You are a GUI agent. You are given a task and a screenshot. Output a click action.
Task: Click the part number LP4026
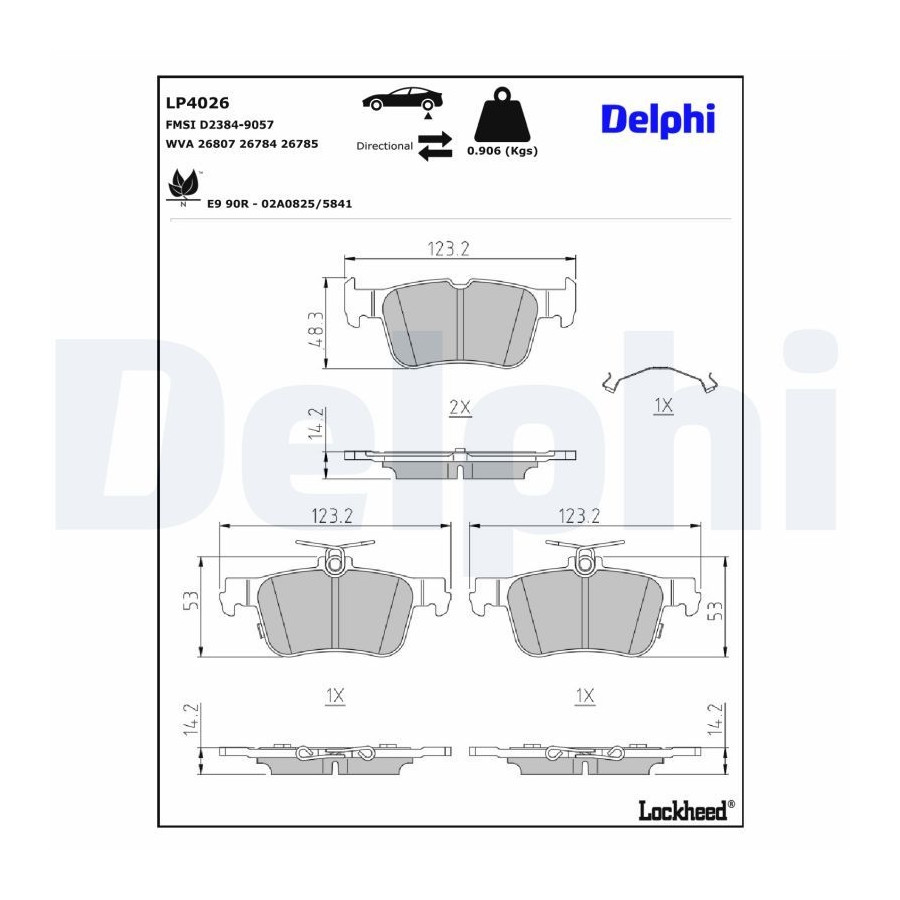[x=197, y=103]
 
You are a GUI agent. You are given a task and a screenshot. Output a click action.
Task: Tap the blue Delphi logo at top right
[x=658, y=120]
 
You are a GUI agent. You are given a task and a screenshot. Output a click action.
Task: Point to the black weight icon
[x=502, y=114]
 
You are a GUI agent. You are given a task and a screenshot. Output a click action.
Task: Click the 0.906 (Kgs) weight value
[x=502, y=151]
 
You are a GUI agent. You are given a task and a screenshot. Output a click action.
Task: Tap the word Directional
[x=385, y=146]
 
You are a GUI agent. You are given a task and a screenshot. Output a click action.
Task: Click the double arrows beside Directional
[x=435, y=146]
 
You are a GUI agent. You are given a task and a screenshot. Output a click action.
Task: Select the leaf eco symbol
[x=184, y=187]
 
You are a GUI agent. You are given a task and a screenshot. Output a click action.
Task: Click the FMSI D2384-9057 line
[x=220, y=125]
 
